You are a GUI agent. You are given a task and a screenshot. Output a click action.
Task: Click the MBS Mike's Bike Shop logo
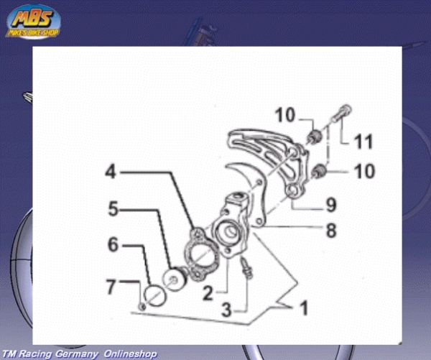(33, 22)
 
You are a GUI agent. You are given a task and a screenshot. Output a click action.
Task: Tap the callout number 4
(111, 172)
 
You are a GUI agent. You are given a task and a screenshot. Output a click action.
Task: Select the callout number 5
(113, 208)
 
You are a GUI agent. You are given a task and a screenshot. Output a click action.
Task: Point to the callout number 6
(113, 244)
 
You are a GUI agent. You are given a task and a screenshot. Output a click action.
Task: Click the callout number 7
(111, 287)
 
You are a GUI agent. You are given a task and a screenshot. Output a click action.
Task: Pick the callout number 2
(208, 293)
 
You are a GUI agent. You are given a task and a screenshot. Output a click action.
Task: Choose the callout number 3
(227, 310)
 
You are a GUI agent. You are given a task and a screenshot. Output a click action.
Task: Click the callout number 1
(303, 308)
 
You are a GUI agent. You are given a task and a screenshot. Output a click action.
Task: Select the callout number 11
(363, 142)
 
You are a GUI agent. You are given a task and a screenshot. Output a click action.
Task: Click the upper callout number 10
(285, 115)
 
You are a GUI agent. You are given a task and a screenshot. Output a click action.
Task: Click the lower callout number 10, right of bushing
(364, 171)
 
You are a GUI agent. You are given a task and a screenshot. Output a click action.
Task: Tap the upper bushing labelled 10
(315, 136)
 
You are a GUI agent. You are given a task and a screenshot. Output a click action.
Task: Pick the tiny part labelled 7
(142, 307)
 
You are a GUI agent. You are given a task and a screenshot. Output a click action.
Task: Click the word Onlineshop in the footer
(131, 354)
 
